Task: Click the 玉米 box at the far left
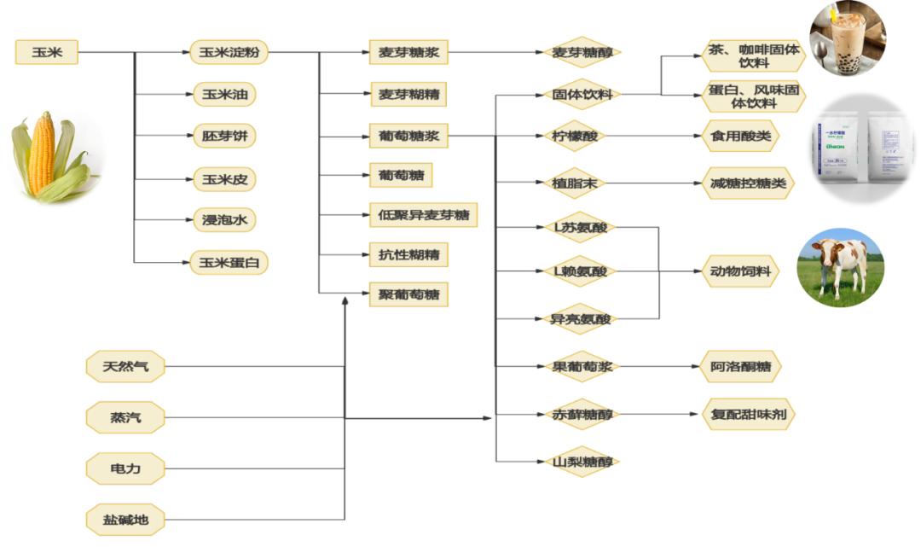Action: (x=46, y=53)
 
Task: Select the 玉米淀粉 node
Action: (x=228, y=53)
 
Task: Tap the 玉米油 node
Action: (x=223, y=94)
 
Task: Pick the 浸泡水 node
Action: (x=223, y=220)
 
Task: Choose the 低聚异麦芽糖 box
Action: (x=423, y=215)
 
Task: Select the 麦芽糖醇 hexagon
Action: (x=582, y=53)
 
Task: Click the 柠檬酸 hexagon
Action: (x=582, y=136)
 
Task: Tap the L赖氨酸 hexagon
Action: (x=582, y=272)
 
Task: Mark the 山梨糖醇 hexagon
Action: (x=582, y=462)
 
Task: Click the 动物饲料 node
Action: (x=739, y=272)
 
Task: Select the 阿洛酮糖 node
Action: (x=739, y=367)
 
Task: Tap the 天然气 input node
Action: (x=125, y=367)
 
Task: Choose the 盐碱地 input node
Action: (x=125, y=518)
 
